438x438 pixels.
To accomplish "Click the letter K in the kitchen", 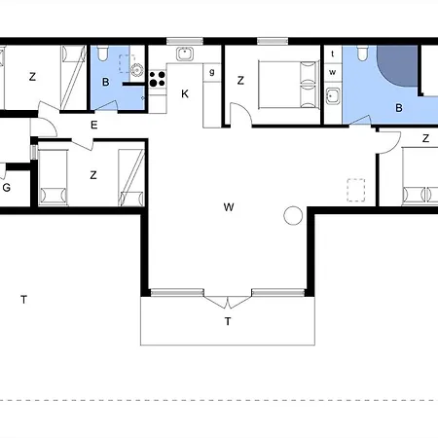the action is (x=185, y=94).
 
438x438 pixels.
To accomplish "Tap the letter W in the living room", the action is (x=229, y=207).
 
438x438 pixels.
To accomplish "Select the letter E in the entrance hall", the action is (x=94, y=125).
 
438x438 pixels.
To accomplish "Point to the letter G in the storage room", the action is (x=7, y=188).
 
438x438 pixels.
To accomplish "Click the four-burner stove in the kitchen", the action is (x=158, y=79).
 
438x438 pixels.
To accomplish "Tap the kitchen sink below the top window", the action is (x=185, y=54).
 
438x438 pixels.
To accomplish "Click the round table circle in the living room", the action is (x=293, y=215).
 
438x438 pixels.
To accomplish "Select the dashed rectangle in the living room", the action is (x=356, y=190).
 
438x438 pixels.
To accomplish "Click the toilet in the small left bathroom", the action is (x=103, y=54).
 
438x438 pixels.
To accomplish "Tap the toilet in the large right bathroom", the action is (x=362, y=54).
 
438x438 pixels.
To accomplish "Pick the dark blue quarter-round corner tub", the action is (x=397, y=66).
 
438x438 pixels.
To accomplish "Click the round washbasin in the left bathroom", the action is (x=136, y=70).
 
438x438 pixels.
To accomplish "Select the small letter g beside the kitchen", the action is (x=212, y=72).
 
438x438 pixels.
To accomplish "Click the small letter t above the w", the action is (x=333, y=54).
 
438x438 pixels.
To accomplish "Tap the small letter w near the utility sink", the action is (x=333, y=72).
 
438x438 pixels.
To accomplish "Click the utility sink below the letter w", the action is (x=333, y=96).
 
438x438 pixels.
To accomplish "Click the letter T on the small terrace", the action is (x=228, y=321).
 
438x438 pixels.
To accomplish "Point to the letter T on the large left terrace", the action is (x=23, y=300).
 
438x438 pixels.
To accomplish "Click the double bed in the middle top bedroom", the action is (x=287, y=85).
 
